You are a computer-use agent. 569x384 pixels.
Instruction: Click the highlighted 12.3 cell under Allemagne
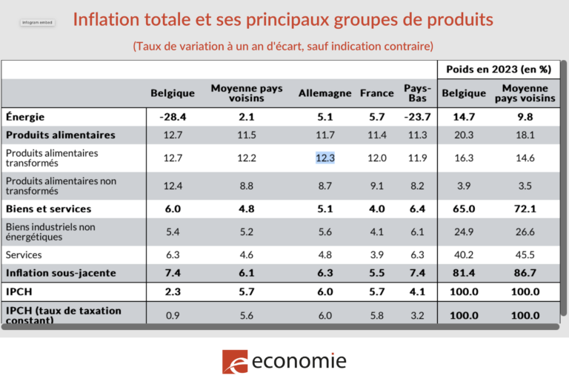(325, 158)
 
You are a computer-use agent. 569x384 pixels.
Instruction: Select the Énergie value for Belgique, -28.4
(173, 117)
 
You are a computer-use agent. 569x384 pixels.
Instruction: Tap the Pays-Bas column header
(417, 93)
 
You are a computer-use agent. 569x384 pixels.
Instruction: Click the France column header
(376, 93)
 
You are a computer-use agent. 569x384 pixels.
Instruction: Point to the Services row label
(24, 255)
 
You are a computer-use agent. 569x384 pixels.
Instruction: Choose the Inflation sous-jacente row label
(61, 273)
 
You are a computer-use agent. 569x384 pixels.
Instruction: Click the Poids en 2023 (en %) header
(498, 70)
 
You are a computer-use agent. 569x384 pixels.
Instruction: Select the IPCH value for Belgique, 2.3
(173, 292)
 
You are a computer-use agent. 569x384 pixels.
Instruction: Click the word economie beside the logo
(299, 361)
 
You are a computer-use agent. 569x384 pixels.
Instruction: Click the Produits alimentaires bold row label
(61, 135)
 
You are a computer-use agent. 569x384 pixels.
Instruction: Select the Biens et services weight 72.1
(525, 209)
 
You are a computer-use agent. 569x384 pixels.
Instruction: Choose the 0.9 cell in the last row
(173, 314)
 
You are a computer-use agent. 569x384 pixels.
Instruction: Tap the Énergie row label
(25, 117)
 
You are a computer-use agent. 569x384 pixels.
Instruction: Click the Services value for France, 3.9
(376, 255)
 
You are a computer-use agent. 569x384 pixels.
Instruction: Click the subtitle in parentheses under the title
(283, 46)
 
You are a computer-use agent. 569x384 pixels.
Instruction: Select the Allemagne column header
(325, 93)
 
